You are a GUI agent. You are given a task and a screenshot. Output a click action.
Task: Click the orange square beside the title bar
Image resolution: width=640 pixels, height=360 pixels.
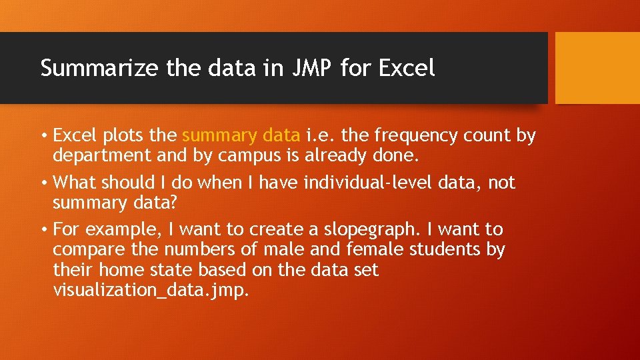point(597,68)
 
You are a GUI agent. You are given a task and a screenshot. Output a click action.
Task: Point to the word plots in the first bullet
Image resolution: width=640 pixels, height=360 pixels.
point(125,136)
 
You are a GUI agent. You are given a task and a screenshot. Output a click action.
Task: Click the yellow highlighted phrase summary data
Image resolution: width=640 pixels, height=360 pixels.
point(241,136)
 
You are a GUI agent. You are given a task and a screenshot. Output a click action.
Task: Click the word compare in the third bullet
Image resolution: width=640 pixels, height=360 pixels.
point(87,249)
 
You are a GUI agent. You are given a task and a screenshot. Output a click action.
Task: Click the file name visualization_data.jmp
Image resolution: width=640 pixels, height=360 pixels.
point(151,289)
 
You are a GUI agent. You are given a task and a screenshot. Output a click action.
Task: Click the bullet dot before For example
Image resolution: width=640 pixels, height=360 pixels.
point(43,230)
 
